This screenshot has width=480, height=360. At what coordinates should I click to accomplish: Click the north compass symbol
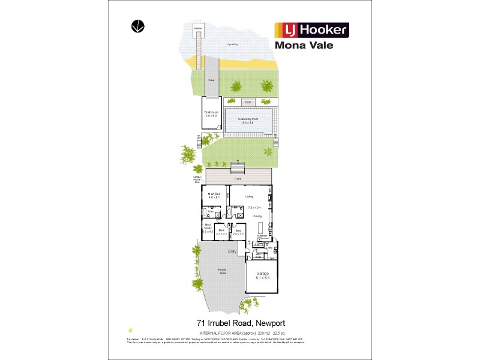point(138,26)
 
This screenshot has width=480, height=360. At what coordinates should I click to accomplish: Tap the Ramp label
point(211,79)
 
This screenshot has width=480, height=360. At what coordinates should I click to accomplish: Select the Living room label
point(248,196)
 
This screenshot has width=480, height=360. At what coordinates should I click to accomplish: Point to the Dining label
point(257,215)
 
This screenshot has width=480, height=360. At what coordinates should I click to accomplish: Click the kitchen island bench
point(261,228)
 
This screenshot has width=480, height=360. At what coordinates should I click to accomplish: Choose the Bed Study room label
point(208,229)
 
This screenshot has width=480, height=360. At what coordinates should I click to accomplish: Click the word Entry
point(232,251)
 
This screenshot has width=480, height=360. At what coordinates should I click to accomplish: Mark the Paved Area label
point(222,271)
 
